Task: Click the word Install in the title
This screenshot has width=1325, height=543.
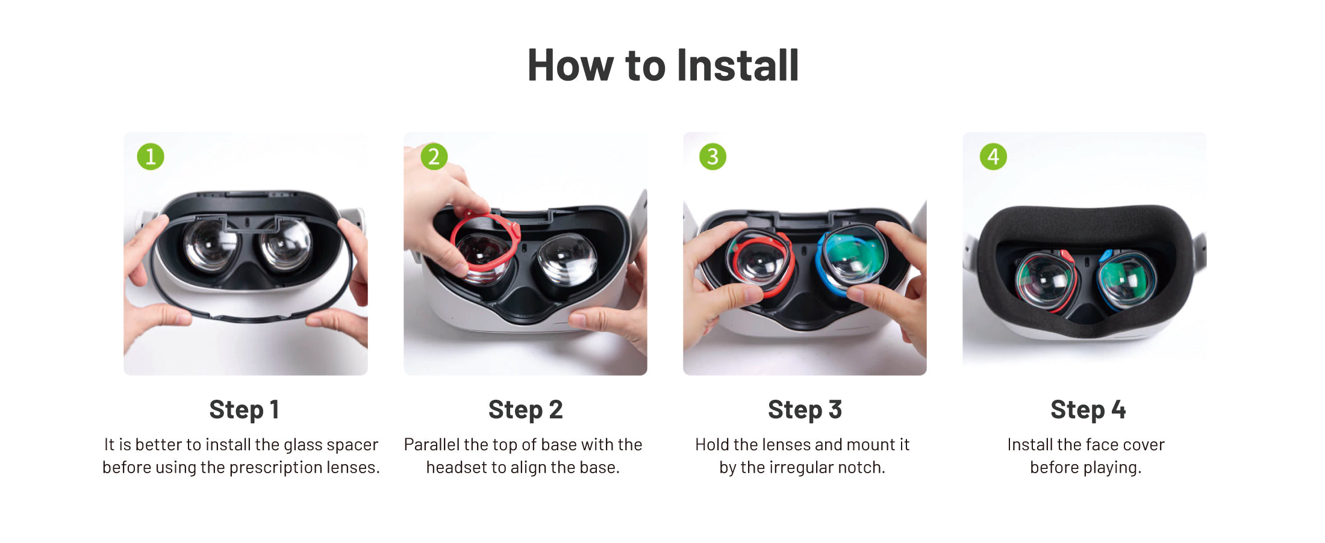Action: (738, 65)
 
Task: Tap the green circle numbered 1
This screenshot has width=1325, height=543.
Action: (151, 157)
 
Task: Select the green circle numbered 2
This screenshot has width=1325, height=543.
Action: (434, 157)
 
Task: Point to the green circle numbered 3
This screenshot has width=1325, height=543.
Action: (712, 157)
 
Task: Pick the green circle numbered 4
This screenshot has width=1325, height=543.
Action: (993, 157)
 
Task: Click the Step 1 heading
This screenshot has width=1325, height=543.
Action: (244, 410)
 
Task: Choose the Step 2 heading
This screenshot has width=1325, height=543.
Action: (525, 410)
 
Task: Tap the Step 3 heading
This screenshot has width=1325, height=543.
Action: (805, 410)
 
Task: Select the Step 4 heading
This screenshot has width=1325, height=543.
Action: (1088, 410)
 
